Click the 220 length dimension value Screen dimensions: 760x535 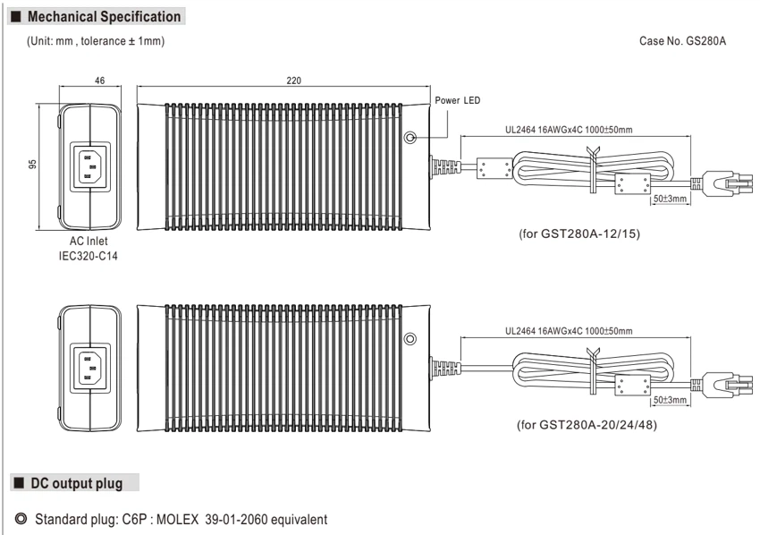coord(294,81)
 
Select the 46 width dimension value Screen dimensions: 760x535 coord(100,81)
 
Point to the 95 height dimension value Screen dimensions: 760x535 coord(32,164)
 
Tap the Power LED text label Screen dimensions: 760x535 coord(458,100)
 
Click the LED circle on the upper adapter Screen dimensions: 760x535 coord(410,137)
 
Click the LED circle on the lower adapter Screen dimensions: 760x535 coord(410,338)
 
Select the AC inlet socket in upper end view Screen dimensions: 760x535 coord(90,167)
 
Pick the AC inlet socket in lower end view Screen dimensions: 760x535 coord(90,368)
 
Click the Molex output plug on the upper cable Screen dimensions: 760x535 coord(722,183)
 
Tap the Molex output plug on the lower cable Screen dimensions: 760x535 coord(722,385)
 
